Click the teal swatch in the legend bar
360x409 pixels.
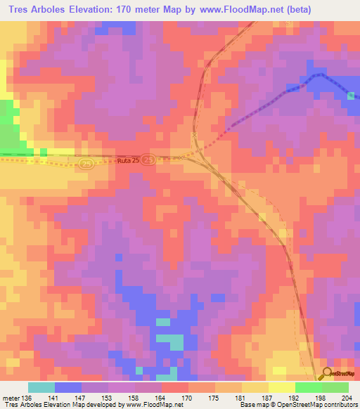click(x=41, y=387)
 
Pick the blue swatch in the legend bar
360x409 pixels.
click(x=68, y=387)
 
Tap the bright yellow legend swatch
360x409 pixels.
click(x=282, y=387)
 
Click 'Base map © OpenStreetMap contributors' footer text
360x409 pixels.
click(x=298, y=405)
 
